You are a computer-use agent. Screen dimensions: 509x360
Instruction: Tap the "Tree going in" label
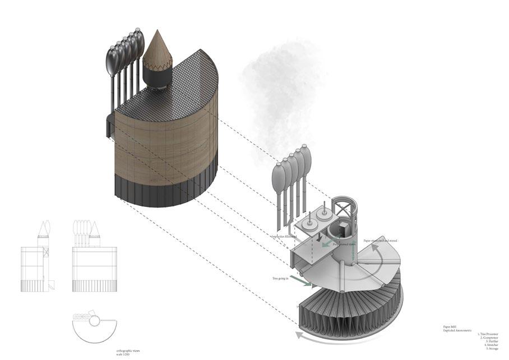point(281,278)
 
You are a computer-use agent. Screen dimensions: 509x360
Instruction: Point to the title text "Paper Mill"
point(451,327)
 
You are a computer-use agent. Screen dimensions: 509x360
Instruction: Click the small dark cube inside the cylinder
point(342,230)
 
